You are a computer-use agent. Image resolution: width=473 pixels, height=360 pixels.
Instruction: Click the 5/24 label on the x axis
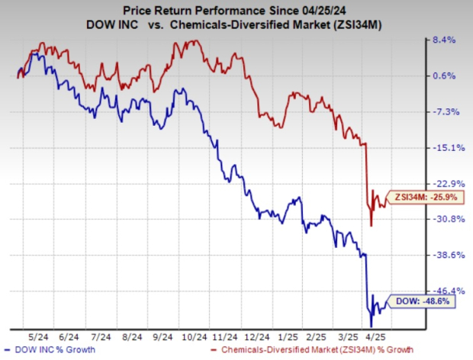click(x=37, y=337)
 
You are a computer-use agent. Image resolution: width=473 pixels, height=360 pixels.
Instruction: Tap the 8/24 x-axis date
click(x=131, y=337)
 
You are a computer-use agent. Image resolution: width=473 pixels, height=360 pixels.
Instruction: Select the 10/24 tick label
click(x=196, y=337)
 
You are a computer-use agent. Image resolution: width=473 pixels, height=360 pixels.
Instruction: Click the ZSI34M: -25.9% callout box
click(x=423, y=198)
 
